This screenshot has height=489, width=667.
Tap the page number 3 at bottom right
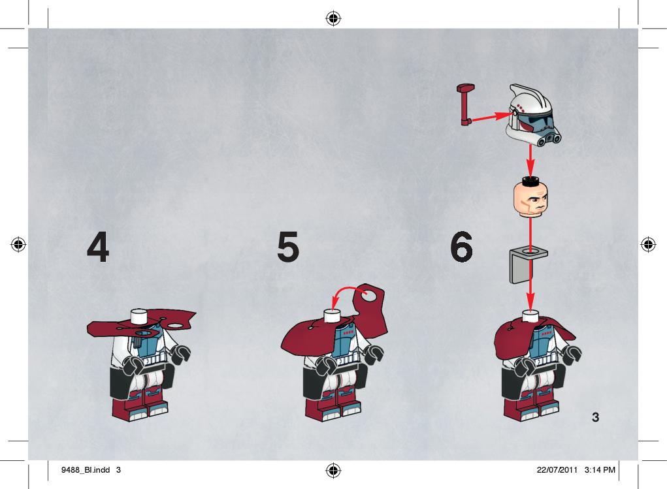(596, 417)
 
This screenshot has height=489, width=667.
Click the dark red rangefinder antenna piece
(464, 104)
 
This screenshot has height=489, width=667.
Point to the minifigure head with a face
(530, 197)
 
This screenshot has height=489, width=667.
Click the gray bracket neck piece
(527, 266)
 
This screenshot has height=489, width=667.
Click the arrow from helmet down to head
(530, 161)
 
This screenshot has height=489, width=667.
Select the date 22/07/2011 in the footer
(557, 470)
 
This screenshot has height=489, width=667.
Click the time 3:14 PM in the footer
(600, 470)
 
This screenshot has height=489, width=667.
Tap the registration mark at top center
(333, 18)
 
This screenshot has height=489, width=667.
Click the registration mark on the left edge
(18, 244)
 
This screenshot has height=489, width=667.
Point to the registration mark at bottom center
(333, 470)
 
